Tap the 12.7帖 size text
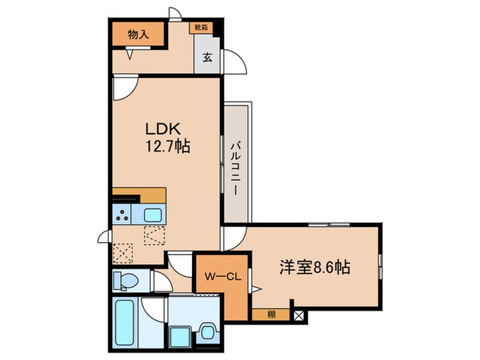point(167,145)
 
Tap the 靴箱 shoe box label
point(201,28)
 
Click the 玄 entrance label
point(207,58)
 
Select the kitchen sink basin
point(153,215)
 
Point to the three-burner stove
point(125,215)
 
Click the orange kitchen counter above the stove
point(139,195)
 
